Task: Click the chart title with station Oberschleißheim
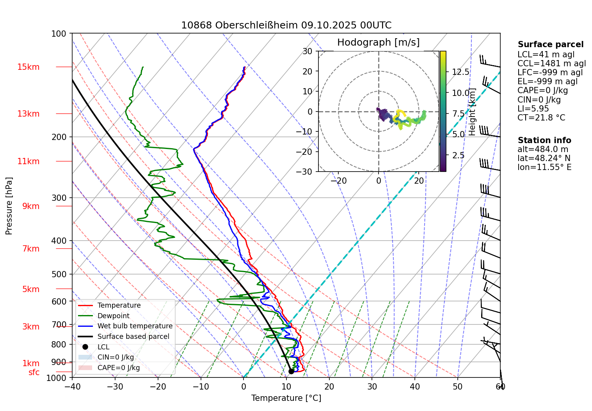(286, 25)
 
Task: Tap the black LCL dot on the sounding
(291, 371)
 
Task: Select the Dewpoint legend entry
(113, 316)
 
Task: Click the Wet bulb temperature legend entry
(135, 326)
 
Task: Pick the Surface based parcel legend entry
(133, 337)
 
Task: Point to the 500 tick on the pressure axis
(59, 274)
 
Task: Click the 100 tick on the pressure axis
(59, 34)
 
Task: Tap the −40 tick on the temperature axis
(72, 387)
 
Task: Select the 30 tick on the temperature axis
(372, 387)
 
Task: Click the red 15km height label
(28, 67)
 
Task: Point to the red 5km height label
(31, 289)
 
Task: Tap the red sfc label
(34, 372)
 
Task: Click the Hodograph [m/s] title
(378, 43)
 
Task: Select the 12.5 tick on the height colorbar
(460, 72)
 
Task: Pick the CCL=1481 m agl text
(551, 64)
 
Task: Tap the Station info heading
(544, 140)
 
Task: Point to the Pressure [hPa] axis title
(9, 206)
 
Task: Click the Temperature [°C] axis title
(286, 398)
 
